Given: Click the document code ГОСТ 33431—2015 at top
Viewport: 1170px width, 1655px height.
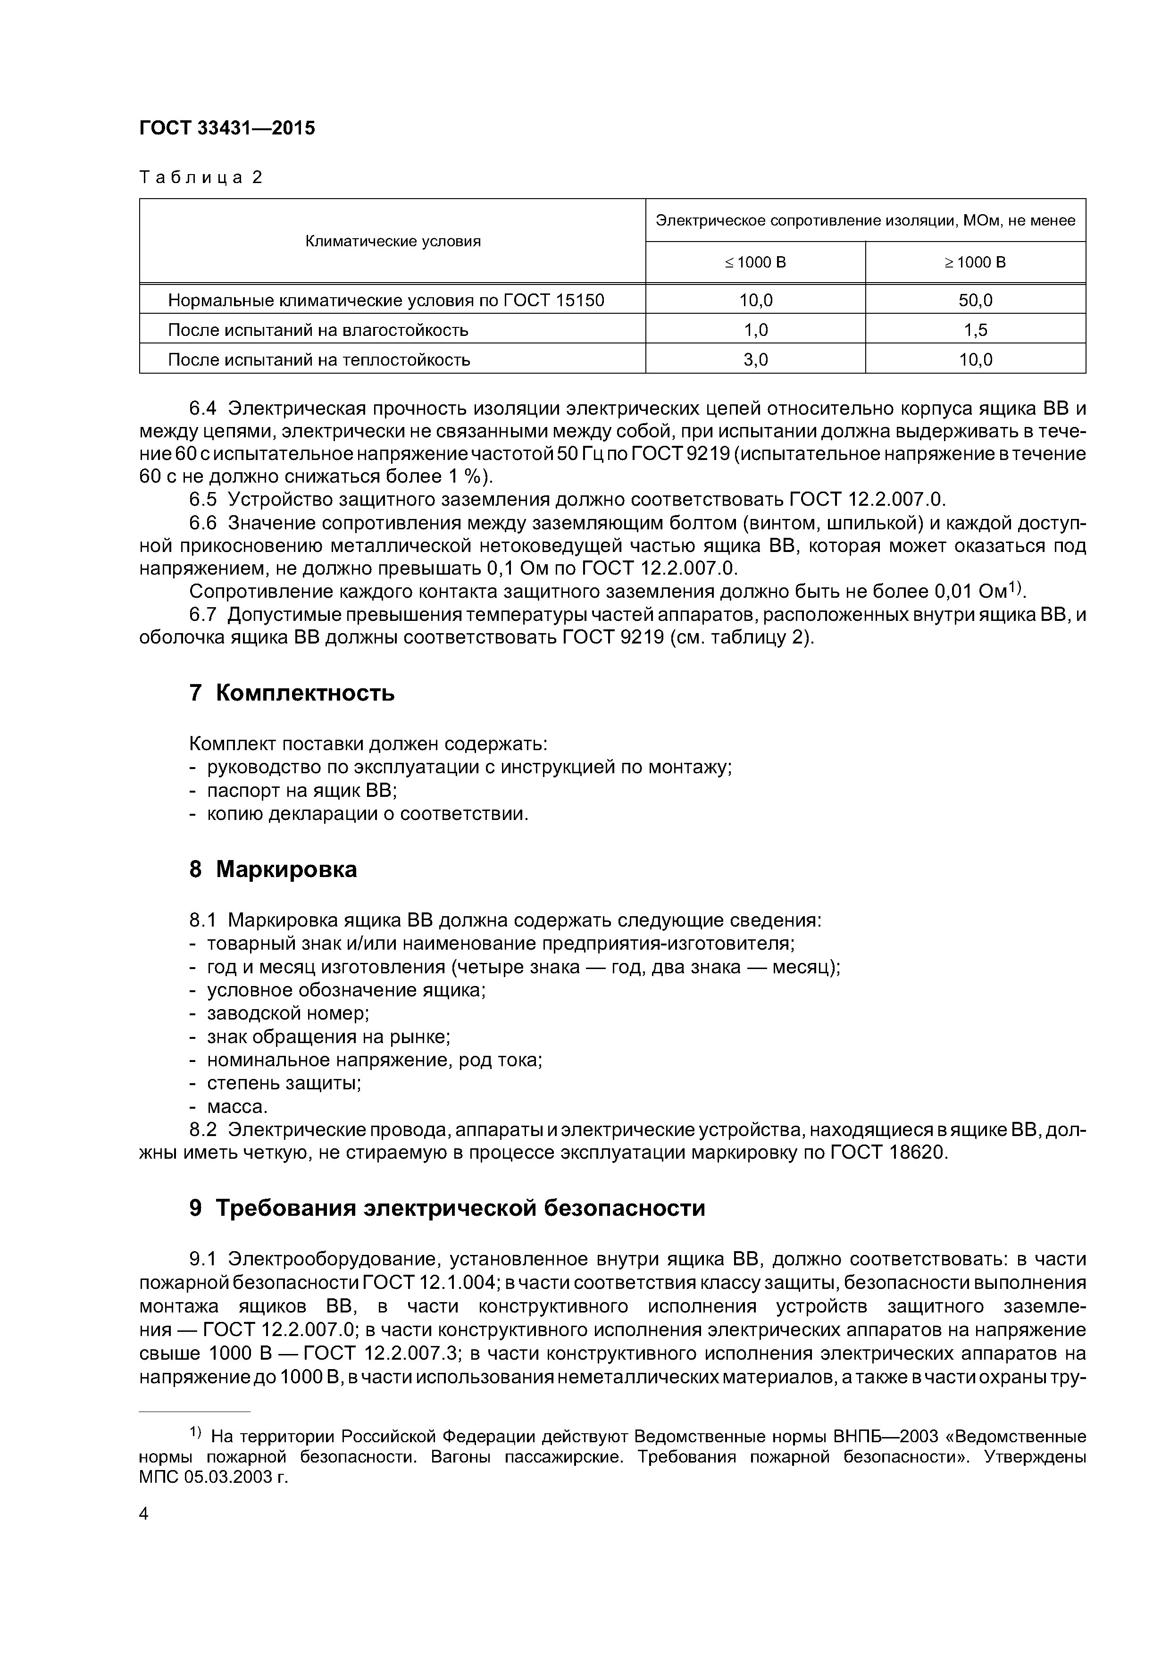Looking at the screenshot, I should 227,128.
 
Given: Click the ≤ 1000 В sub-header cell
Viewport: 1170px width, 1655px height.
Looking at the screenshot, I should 755,262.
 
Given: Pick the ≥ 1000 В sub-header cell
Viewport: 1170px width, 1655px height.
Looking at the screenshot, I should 975,262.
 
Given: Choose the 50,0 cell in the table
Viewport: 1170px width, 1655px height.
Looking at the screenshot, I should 975,300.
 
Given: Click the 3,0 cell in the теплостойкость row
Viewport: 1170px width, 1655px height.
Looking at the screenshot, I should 755,359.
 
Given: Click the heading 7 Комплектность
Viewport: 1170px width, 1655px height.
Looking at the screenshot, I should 292,694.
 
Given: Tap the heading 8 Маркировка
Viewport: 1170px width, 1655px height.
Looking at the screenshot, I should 273,869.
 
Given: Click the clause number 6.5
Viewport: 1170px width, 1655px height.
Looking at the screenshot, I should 202,500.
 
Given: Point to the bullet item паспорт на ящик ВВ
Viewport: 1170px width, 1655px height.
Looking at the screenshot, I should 302,791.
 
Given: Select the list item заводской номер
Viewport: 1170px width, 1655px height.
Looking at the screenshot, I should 288,1013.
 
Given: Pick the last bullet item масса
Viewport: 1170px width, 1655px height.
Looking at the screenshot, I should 237,1106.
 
